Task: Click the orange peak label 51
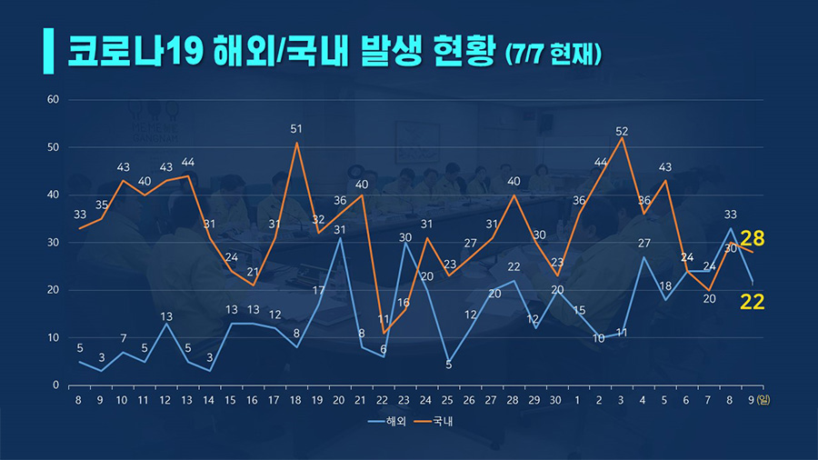296,129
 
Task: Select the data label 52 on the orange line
622,131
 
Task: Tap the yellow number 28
752,239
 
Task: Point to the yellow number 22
752,302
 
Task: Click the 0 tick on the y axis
55,385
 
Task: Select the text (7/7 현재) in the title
554,53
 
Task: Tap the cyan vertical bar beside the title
47,50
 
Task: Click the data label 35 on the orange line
102,205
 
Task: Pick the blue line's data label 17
319,291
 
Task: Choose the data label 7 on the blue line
124,338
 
